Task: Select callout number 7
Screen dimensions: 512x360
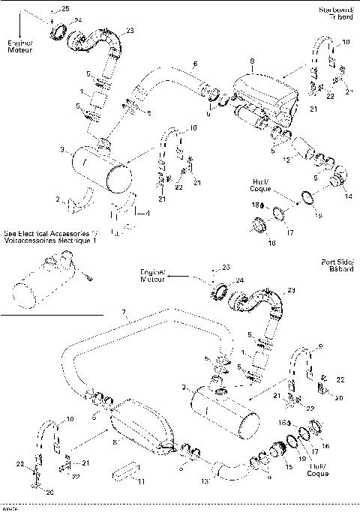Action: (x=125, y=311)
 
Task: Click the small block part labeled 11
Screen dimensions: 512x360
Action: (x=124, y=472)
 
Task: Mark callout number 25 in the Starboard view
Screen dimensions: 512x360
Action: (x=64, y=7)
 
